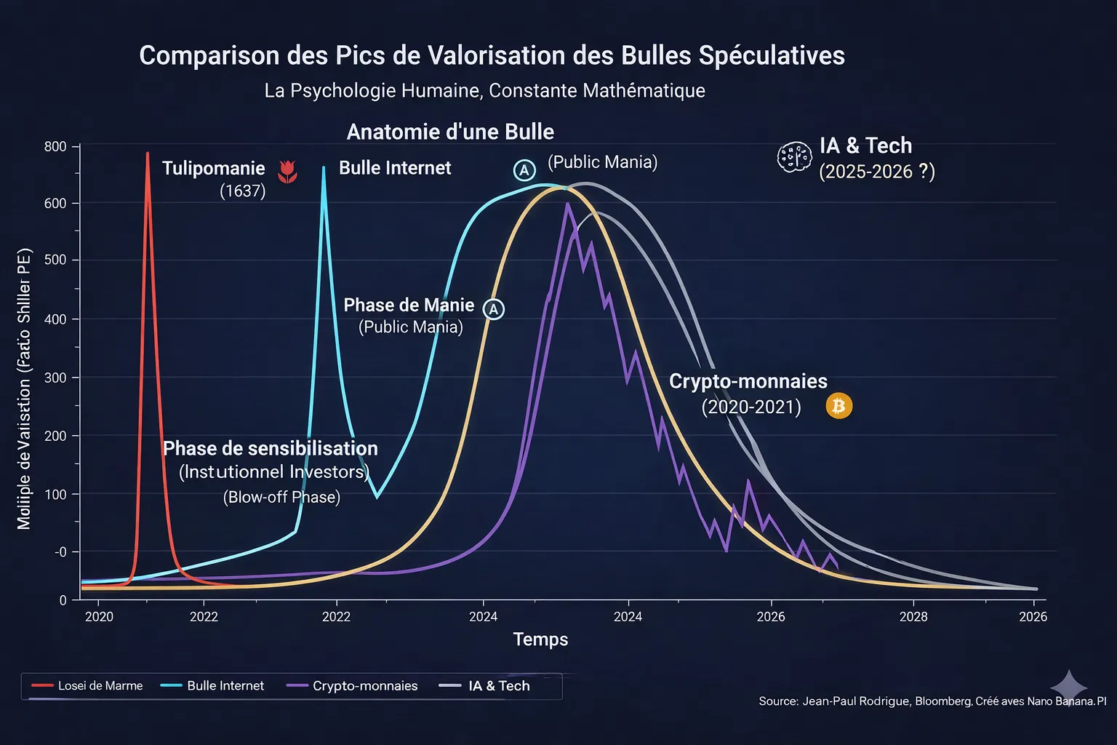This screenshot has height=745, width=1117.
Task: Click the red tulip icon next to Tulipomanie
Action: pyautogui.click(x=288, y=171)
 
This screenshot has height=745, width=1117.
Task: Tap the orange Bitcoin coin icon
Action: pyautogui.click(x=838, y=406)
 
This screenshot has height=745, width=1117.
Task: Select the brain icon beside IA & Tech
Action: pyautogui.click(x=794, y=156)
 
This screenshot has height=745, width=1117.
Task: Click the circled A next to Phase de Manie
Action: pyautogui.click(x=494, y=309)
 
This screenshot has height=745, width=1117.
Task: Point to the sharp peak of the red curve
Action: pyautogui.click(x=148, y=154)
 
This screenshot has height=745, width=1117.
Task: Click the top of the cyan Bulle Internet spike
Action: pyautogui.click(x=324, y=169)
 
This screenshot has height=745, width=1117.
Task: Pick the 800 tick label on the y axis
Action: pyautogui.click(x=55, y=147)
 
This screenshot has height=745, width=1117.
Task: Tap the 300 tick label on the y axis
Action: pyautogui.click(x=55, y=378)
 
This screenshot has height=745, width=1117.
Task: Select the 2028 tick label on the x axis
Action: pyautogui.click(x=913, y=617)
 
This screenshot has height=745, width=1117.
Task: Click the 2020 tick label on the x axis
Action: pyautogui.click(x=100, y=617)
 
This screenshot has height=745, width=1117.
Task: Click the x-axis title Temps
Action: pyautogui.click(x=540, y=640)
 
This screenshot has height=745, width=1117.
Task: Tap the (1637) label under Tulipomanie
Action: pyautogui.click(x=243, y=191)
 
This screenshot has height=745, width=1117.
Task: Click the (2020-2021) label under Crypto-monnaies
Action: pyautogui.click(x=751, y=407)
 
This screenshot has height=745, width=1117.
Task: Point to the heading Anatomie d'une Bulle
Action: pyautogui.click(x=450, y=132)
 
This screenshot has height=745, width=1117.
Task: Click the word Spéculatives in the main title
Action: pyautogui.click(x=772, y=56)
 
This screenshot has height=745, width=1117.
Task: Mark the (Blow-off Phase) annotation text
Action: pyautogui.click(x=281, y=497)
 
